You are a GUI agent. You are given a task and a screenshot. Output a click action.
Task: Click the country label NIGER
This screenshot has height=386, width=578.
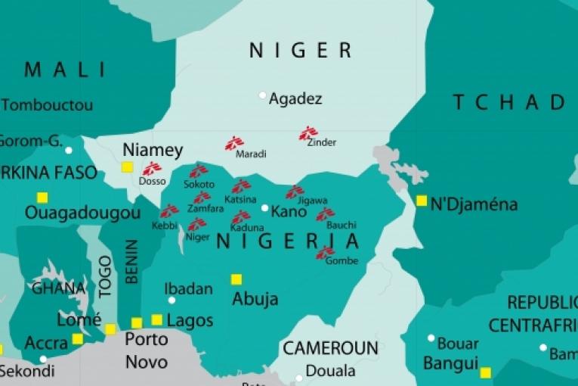[x=301, y=51]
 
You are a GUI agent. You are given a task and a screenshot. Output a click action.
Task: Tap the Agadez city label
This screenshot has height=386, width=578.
[x=295, y=98]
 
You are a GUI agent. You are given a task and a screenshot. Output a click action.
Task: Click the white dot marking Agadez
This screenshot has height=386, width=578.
[x=263, y=95]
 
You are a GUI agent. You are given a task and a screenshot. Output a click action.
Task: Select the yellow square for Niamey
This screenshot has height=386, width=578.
[x=127, y=167]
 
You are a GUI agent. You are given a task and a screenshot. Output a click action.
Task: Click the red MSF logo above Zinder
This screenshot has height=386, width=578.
[x=308, y=133]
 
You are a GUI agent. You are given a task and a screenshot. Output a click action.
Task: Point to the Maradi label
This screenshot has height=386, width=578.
[x=251, y=154]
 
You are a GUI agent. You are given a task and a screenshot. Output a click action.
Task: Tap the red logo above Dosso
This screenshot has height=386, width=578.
[x=152, y=169]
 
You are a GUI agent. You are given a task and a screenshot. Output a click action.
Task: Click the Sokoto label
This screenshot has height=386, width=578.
[x=199, y=185]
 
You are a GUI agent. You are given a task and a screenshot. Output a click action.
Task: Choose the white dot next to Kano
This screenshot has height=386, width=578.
[x=264, y=208]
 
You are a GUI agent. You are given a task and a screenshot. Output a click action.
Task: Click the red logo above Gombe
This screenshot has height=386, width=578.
[x=326, y=252]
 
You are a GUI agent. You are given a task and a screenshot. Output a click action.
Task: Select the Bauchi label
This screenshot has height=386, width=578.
[x=342, y=226]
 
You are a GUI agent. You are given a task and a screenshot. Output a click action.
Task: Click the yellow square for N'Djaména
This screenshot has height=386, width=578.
[x=421, y=201]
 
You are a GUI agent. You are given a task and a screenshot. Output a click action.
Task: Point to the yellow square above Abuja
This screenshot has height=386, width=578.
[x=236, y=279]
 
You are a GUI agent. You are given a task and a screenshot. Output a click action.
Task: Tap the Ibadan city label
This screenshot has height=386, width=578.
[x=188, y=289]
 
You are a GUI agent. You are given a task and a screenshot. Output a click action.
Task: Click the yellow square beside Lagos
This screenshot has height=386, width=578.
[x=157, y=319]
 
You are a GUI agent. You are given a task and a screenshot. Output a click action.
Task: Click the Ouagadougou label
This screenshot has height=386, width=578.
[x=82, y=213]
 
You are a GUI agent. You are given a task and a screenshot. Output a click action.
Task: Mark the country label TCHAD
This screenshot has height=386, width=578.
[x=510, y=102]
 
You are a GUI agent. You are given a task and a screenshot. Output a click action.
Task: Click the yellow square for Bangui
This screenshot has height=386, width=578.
[x=485, y=372]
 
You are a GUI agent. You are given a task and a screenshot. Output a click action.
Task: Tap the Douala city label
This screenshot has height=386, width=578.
[x=330, y=371]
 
